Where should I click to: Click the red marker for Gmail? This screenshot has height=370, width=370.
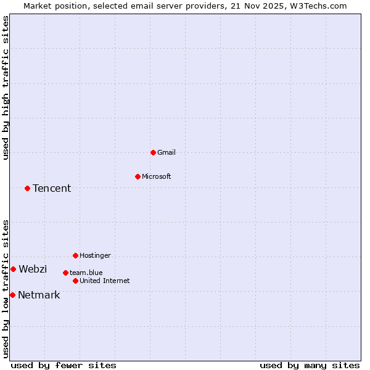pyautogui.click(x=154, y=152)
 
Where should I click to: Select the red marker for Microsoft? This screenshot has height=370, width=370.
pyautogui.click(x=138, y=176)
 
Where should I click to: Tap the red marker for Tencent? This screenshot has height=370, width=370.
pyautogui.click(x=28, y=188)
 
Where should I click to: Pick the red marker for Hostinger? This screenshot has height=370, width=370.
pyautogui.click(x=76, y=255)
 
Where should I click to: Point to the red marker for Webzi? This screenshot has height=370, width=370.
pyautogui.click(x=14, y=269)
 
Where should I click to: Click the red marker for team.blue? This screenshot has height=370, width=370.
pyautogui.click(x=65, y=273)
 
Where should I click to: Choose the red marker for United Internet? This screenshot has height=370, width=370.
pyautogui.click(x=76, y=281)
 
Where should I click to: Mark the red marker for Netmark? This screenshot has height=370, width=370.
pyautogui.click(x=12, y=295)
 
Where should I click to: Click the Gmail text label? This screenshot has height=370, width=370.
pyautogui.click(x=166, y=152)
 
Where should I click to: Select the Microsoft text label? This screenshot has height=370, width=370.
pyautogui.click(x=157, y=176)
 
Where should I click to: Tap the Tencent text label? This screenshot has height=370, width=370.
pyautogui.click(x=52, y=188)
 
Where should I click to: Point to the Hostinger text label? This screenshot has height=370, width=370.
pyautogui.click(x=95, y=255)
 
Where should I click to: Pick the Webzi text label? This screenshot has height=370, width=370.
pyautogui.click(x=33, y=269)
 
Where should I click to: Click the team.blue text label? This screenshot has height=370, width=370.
pyautogui.click(x=86, y=273)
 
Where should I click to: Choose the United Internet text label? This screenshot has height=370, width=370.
pyautogui.click(x=105, y=281)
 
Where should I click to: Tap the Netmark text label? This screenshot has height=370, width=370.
pyautogui.click(x=39, y=295)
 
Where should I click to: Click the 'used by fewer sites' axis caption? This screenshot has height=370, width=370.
pyautogui.click(x=64, y=365)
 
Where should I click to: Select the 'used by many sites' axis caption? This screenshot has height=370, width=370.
pyautogui.click(x=310, y=365)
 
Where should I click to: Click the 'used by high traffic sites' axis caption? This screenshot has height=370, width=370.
pyautogui.click(x=6, y=88)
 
